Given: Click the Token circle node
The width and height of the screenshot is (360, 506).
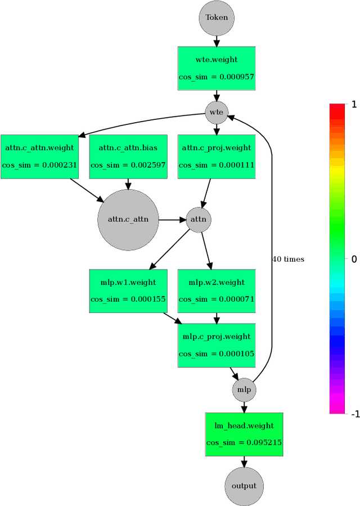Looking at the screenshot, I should click(217, 17).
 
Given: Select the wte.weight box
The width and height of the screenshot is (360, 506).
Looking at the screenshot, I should click(217, 69).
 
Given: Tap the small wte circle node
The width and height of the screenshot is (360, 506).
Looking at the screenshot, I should click(217, 112).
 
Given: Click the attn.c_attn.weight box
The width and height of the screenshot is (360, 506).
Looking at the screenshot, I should click(39, 156).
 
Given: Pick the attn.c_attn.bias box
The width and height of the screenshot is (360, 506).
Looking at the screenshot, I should click(128, 156).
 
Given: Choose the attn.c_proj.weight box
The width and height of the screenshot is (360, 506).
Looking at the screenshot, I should click(217, 156).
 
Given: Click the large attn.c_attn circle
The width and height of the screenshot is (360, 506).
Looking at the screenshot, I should click(128, 220).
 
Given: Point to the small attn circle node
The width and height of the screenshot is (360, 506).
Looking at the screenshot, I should click(199, 220).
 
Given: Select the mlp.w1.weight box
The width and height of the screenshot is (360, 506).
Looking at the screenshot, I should click(128, 291).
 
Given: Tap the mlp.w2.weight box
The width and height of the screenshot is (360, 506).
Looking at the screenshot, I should click(217, 291).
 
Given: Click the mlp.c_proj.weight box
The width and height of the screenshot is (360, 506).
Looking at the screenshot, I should click(217, 345).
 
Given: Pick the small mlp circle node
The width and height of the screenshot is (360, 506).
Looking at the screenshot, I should click(244, 389).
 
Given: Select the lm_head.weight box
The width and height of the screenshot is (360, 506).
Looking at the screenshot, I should click(244, 434).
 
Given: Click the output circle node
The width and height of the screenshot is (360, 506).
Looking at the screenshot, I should click(244, 486).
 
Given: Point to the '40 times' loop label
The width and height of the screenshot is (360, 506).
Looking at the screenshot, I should click(288, 259).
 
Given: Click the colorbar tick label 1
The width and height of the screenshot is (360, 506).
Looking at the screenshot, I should click(354, 104).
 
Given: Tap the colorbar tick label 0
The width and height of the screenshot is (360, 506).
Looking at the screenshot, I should click(354, 259).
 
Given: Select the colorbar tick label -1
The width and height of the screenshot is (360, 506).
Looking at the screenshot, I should click(354, 414).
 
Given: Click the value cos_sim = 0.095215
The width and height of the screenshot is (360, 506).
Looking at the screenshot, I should click(244, 443).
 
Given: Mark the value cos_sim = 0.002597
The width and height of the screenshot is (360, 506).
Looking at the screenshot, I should click(128, 165).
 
